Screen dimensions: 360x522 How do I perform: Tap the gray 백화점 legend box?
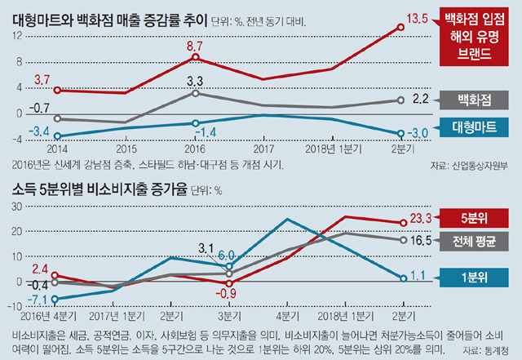tap(473, 100)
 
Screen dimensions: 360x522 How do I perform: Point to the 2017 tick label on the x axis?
tap(263, 150)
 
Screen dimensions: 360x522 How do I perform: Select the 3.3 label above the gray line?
tap(195, 82)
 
